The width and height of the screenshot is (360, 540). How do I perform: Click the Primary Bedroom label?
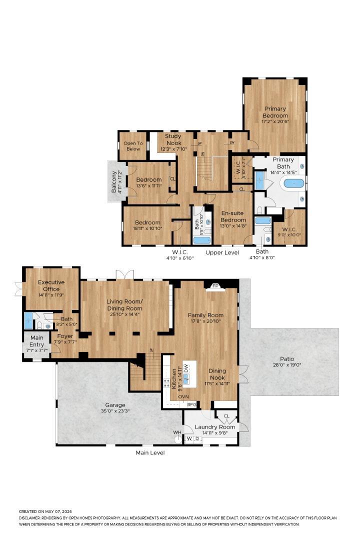pos(275,112)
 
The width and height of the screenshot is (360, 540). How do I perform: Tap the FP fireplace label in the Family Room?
pos(215,286)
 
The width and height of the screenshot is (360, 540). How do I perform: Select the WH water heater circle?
pos(178,439)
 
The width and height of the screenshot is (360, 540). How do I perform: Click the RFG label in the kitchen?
pos(191,404)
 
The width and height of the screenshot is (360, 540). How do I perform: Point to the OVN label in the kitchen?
pos(183,396)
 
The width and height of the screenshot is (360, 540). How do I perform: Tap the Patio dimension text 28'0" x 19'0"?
pos(287,364)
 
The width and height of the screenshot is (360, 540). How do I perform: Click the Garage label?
pos(115,405)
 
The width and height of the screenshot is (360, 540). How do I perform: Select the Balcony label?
pos(113,182)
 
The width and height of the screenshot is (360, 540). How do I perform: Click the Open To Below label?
pos(133,146)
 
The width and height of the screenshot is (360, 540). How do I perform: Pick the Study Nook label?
pos(173,139)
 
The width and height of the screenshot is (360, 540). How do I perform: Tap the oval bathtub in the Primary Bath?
pos(294,183)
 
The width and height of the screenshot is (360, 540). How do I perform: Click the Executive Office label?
pos(51,285)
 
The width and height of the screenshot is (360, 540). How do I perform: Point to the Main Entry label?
pos(37,341)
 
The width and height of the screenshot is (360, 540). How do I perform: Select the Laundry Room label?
pos(215,427)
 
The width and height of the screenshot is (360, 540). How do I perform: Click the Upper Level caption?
pos(222,252)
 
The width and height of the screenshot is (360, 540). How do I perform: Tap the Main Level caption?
pos(150,452)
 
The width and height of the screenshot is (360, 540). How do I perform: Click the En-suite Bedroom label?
pos(233,216)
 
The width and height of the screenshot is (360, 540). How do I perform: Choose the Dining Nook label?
pos(217,374)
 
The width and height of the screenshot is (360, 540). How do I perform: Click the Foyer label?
pos(65,336)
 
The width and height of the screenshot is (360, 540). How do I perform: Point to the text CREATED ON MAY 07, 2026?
pos(45,512)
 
